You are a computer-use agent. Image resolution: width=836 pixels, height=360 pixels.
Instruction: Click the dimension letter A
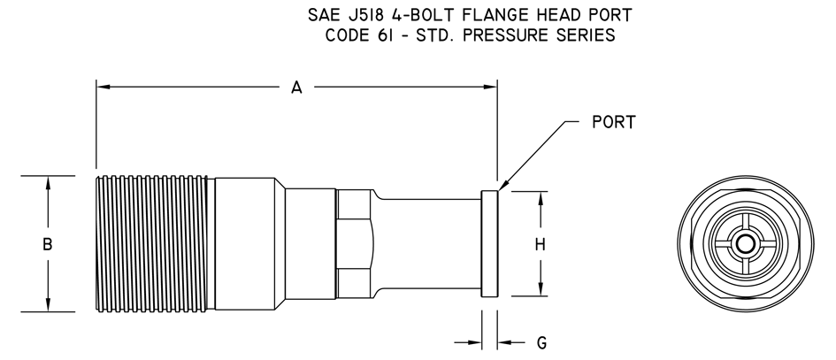pos(296,88)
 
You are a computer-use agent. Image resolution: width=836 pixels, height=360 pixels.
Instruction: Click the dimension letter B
pos(48,244)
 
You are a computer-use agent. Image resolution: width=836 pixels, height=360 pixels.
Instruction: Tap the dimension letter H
pos(541,244)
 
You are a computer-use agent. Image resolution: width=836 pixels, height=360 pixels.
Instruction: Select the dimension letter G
pos(541,343)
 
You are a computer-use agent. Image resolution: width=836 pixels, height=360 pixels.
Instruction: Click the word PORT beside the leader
pos(614,122)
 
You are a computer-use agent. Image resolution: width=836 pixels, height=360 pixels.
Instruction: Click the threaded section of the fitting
pos(152,243)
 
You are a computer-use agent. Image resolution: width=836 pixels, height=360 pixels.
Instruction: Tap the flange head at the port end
pos(489,243)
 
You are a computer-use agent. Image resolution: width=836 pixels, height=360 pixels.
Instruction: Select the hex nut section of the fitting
pos(354,243)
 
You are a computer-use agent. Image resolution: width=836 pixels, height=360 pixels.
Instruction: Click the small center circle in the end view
pos(746,244)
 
